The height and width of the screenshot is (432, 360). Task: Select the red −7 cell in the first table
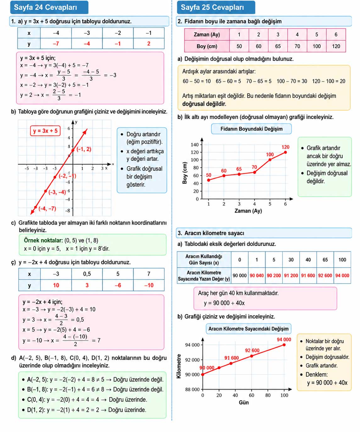56,44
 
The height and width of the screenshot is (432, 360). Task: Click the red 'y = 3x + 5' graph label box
45,131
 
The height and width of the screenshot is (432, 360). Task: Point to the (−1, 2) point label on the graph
84,149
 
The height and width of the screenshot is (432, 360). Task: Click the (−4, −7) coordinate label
47,208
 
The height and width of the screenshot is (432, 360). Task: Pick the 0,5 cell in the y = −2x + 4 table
87,274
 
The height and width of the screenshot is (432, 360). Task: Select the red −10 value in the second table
149,285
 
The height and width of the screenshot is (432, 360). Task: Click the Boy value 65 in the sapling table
278,46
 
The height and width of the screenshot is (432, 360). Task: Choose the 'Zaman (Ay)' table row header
207,35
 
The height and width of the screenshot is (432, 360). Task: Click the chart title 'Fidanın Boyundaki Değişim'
252,129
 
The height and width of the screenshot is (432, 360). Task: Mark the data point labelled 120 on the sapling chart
285,152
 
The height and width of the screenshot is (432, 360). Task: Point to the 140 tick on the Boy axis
195,145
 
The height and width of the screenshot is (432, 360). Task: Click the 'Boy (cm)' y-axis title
185,173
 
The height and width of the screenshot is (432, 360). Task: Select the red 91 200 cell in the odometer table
291,275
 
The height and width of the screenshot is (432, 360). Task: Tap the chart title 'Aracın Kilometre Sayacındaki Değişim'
248,329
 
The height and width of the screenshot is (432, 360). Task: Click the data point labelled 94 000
284,345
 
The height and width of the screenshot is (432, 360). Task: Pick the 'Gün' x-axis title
244,402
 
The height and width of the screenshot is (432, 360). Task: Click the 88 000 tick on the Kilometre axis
192,390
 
